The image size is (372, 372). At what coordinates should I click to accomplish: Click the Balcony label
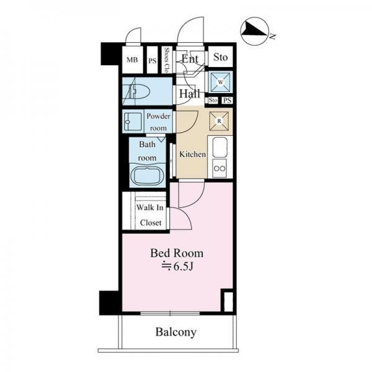176,332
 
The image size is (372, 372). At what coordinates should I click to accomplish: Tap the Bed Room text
177,253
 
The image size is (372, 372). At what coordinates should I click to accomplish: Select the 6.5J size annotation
177,267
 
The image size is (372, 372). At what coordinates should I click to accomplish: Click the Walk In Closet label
150,215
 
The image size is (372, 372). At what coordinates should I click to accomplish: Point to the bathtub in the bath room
148,176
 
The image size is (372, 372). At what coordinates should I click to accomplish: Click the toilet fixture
139,91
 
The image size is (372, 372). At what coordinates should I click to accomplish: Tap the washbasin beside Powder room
133,122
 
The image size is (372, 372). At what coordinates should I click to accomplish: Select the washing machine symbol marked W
220,82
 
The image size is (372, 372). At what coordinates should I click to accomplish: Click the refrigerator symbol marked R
219,122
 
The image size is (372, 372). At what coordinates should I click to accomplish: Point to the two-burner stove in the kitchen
219,168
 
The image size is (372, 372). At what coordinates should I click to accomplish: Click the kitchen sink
220,147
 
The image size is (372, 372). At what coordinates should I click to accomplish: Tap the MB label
132,60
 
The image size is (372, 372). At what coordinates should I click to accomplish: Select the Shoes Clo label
167,60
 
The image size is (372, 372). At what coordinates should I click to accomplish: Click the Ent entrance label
190,58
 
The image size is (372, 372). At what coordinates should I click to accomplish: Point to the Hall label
190,94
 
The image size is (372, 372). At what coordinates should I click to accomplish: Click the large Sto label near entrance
220,57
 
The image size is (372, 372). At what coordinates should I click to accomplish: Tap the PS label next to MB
153,61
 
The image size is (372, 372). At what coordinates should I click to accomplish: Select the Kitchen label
192,154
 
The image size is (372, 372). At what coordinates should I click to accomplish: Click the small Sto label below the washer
213,100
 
